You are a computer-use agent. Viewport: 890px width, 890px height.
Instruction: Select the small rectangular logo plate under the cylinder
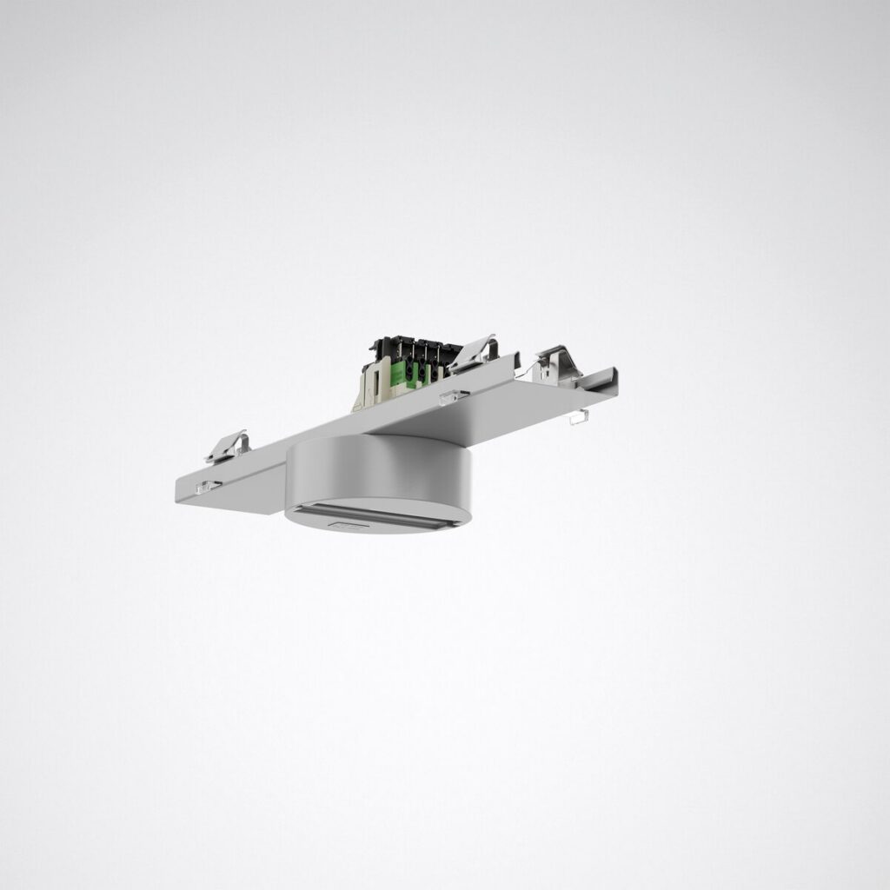346,525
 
